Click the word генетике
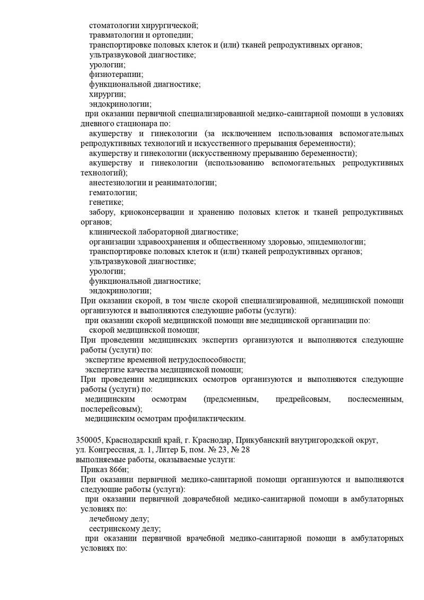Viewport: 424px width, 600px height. click(106, 202)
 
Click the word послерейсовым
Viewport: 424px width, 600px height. click(111, 409)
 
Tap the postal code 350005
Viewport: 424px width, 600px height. click(91, 440)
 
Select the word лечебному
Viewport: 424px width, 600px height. click(111, 519)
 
